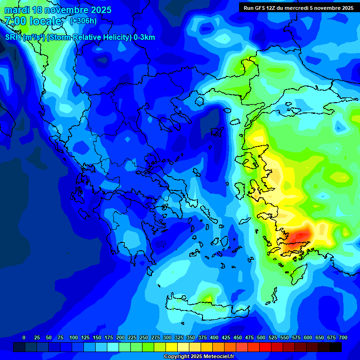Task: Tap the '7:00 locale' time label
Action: [33, 21]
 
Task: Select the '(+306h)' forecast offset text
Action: [83, 21]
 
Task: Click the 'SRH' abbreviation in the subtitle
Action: [13, 37]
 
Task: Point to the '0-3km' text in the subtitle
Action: [144, 37]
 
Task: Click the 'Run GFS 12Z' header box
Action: [299, 7]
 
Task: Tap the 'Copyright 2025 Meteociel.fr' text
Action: [199, 357]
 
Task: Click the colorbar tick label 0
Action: [24, 337]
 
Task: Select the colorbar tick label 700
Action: [343, 337]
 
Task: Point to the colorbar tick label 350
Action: [191, 337]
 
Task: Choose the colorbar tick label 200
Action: [120, 337]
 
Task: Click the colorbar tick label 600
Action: [308, 337]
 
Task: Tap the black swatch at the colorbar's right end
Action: [336, 347]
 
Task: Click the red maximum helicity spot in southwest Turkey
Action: [300, 234]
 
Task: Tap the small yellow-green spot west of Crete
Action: [206, 297]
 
